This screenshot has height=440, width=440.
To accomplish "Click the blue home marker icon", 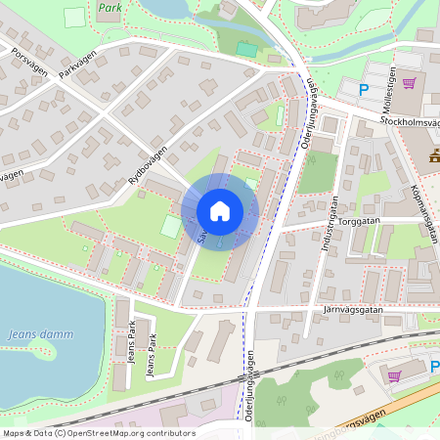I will [x=220, y=211].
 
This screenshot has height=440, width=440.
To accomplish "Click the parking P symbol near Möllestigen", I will [x=364, y=90].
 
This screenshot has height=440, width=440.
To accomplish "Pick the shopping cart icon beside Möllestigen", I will [x=409, y=83].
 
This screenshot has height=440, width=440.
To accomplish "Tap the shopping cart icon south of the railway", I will [x=394, y=374].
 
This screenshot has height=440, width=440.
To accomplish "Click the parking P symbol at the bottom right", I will [x=435, y=367].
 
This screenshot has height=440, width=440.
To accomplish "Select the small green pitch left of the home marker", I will [x=171, y=227].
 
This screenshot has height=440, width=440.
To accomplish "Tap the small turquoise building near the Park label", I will [x=247, y=49].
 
